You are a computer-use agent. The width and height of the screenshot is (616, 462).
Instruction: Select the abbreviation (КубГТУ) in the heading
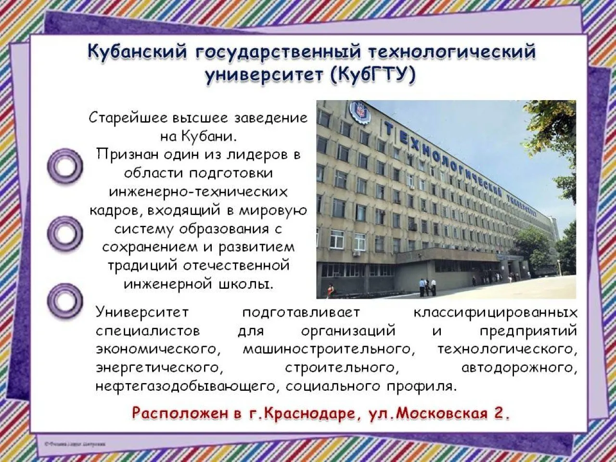click(372, 76)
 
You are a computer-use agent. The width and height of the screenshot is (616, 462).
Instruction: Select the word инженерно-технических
click(198, 192)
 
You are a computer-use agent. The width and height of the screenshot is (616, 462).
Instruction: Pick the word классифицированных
click(495, 312)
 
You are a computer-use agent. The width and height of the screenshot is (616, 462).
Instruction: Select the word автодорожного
click(519, 368)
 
